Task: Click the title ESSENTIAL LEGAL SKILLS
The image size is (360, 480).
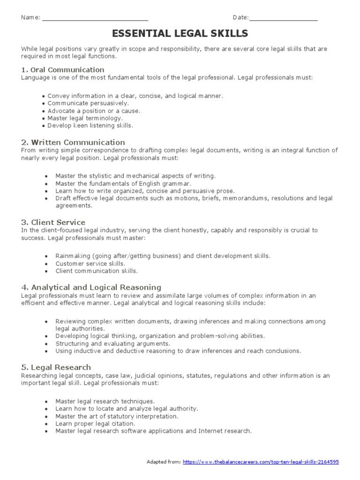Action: [180, 34]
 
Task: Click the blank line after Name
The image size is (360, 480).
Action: [95, 19]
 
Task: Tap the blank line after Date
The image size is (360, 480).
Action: [283, 19]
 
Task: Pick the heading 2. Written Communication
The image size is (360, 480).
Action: [73, 142]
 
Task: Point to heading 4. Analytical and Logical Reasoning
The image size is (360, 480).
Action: [91, 287]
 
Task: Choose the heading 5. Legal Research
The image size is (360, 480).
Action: [56, 367]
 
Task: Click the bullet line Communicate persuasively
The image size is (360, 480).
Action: [88, 103]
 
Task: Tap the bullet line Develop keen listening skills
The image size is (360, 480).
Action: [90, 126]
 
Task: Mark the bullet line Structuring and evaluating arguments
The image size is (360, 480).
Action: [112, 343]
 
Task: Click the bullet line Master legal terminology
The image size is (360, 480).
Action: [85, 118]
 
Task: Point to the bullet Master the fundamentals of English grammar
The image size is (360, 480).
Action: [123, 183]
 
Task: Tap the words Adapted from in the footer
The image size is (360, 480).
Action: [163, 462]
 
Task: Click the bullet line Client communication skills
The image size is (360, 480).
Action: [97, 271]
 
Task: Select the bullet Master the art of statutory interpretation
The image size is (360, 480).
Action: [117, 416]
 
